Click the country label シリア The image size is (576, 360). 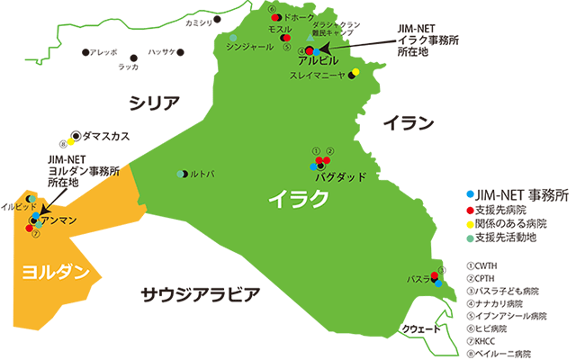coord(156,103)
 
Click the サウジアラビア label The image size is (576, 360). coord(201,293)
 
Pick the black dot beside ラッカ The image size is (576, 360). coord(134,56)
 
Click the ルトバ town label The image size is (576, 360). coord(201,174)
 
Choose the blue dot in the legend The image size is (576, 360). coord(469,193)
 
